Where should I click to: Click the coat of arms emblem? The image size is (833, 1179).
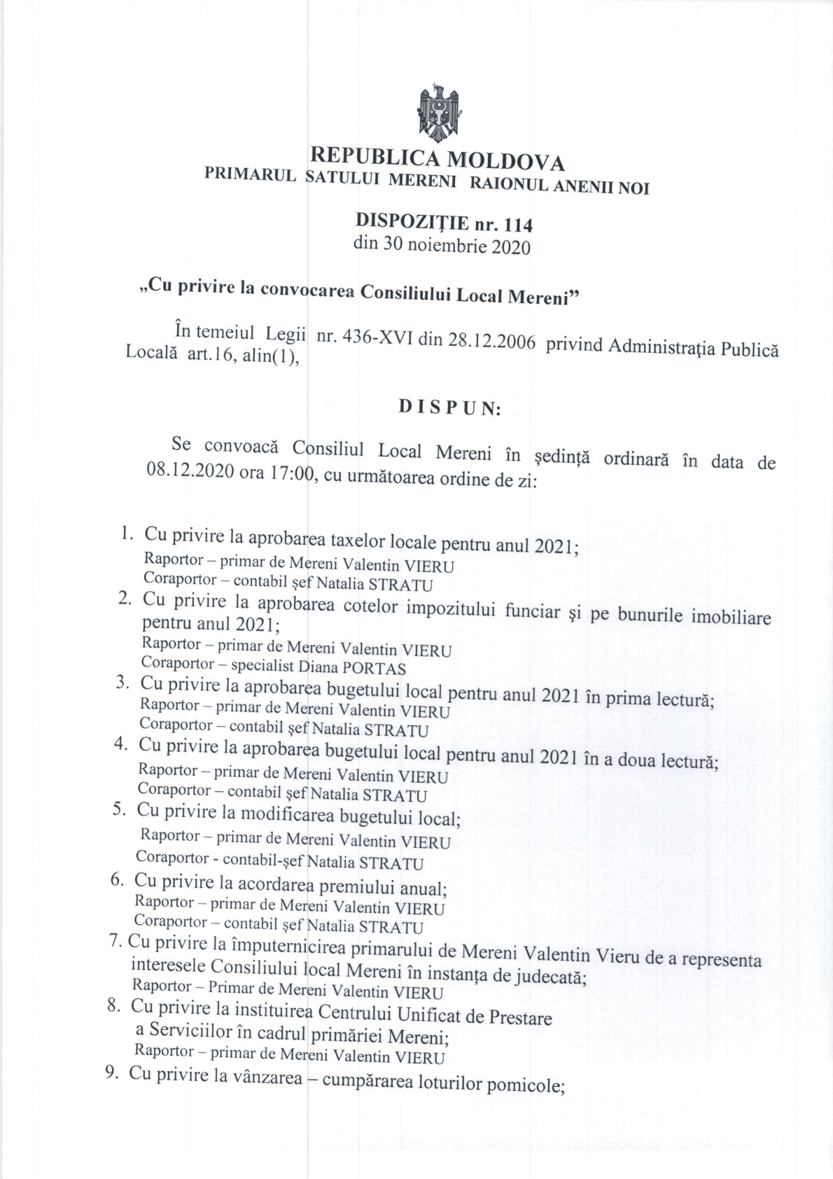437,113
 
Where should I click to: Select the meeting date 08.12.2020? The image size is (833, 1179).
190,471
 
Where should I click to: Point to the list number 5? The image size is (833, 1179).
119,809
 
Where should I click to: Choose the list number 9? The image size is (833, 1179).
111,1073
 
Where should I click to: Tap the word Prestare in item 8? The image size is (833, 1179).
519,1018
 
